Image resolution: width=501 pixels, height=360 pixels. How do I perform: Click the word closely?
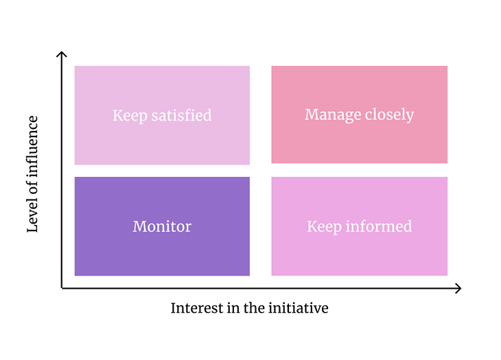pos(388,115)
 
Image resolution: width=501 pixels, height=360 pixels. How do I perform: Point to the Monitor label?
pos(162,226)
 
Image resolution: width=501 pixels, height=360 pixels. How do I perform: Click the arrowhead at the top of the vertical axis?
pos(62,53)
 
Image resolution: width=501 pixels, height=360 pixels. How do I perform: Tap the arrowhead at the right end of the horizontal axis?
pos(458,289)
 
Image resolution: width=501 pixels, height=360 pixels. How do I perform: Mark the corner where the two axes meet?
pos(62,289)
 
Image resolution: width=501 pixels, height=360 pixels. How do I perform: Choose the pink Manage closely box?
pos(359,144)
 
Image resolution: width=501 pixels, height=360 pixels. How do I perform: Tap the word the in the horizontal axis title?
pos(253,309)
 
